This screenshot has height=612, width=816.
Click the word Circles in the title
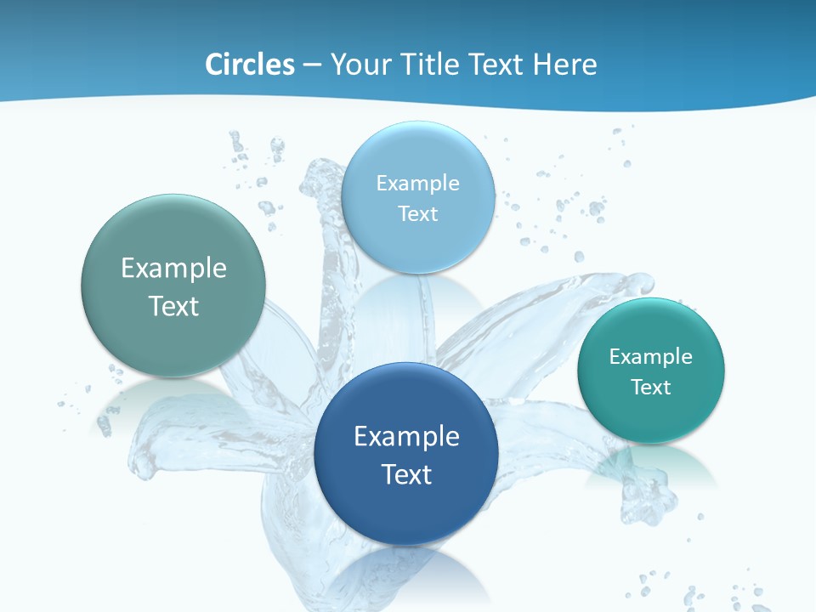249,65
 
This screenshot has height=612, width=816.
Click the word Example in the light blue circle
417,184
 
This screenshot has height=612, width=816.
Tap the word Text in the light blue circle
417,213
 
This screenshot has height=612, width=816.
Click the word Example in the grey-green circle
173,269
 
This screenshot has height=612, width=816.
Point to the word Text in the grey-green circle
173,306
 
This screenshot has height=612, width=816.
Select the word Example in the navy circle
406,437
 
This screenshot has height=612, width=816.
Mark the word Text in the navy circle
406,474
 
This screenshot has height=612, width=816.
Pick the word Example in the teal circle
651,356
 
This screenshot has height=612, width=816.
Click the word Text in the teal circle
651,387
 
